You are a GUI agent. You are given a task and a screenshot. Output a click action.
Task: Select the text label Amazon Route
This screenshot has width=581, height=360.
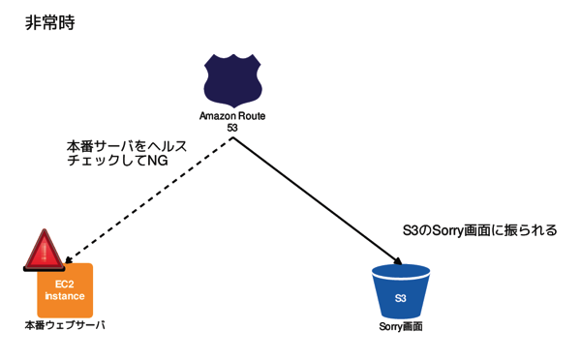(x=232, y=116)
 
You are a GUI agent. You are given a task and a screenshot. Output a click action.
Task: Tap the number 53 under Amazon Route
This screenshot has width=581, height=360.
(x=232, y=128)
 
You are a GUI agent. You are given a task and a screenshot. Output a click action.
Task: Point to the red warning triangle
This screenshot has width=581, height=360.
(x=44, y=251)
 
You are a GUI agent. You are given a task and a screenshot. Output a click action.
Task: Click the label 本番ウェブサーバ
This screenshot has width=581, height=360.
(x=64, y=326)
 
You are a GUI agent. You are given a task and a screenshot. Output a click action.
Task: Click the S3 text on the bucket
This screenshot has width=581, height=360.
(x=401, y=297)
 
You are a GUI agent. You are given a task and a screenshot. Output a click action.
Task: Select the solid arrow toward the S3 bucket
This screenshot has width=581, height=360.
(x=315, y=199)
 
